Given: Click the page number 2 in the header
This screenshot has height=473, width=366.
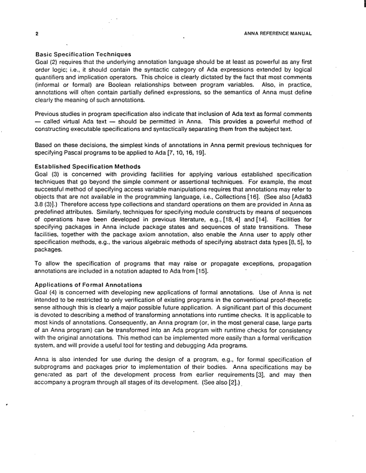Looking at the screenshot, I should pyautogui.click(x=37, y=33).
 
